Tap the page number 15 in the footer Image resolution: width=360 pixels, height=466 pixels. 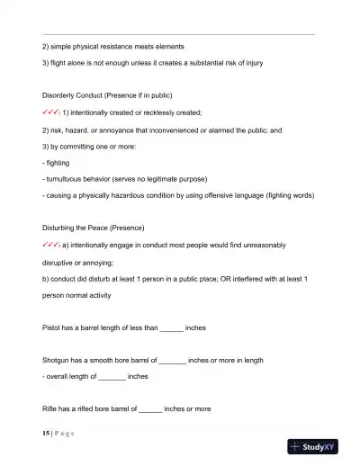tap(46, 433)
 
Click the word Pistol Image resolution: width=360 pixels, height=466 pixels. tap(52, 328)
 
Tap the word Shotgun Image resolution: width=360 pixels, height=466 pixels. tap(58, 359)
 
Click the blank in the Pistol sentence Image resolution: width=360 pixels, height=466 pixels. tap(171, 328)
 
